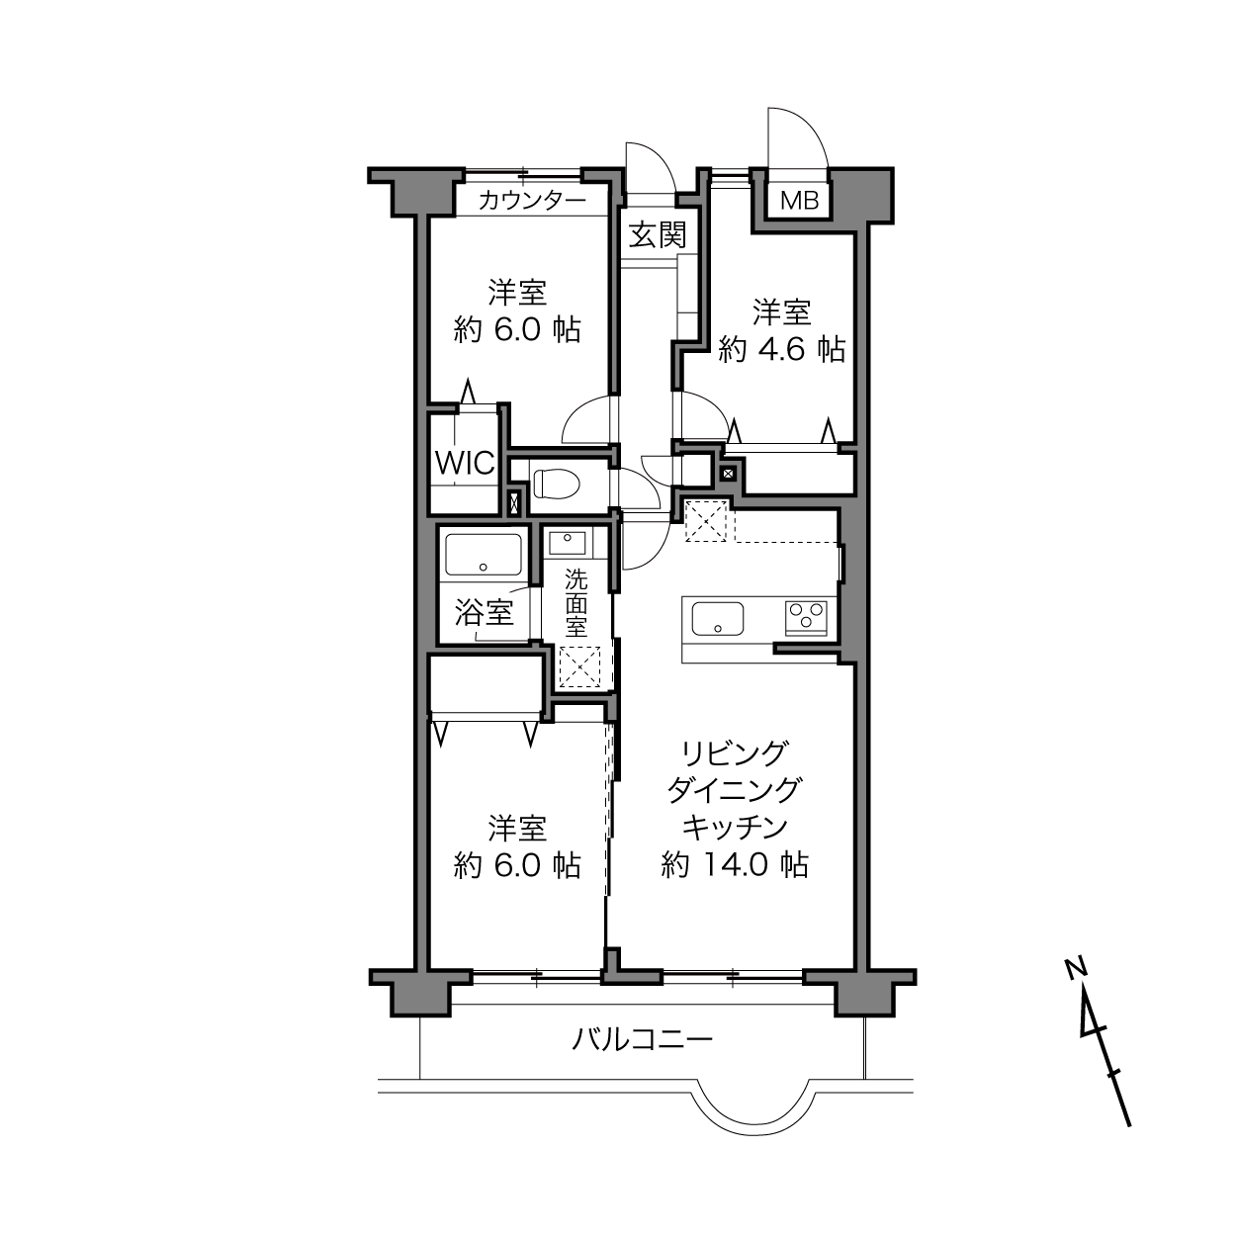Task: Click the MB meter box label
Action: (x=799, y=201)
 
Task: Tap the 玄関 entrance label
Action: (x=658, y=234)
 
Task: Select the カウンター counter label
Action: (x=532, y=201)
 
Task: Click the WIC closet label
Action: (x=465, y=463)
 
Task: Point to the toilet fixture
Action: (x=557, y=484)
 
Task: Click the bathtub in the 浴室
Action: (x=484, y=555)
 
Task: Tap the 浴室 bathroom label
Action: (x=484, y=612)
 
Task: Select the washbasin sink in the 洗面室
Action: (x=567, y=543)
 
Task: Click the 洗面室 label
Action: (x=575, y=603)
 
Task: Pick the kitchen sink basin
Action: (x=718, y=619)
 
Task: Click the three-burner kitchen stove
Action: (x=806, y=618)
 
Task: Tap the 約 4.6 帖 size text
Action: (x=781, y=350)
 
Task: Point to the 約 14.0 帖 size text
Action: (x=735, y=865)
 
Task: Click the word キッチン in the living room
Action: (x=735, y=828)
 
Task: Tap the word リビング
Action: (x=735, y=752)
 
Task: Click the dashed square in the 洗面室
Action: (x=580, y=667)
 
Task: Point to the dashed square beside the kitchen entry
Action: (x=706, y=520)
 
